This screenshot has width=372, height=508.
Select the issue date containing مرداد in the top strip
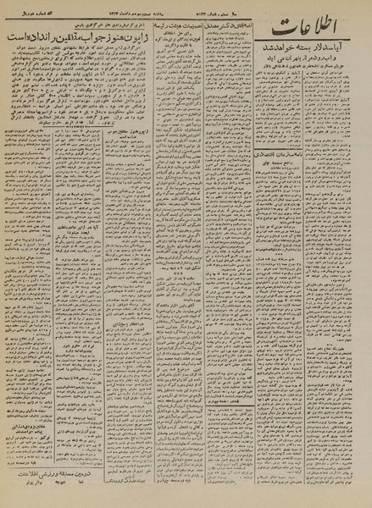pyautogui.click(x=136, y=10)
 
